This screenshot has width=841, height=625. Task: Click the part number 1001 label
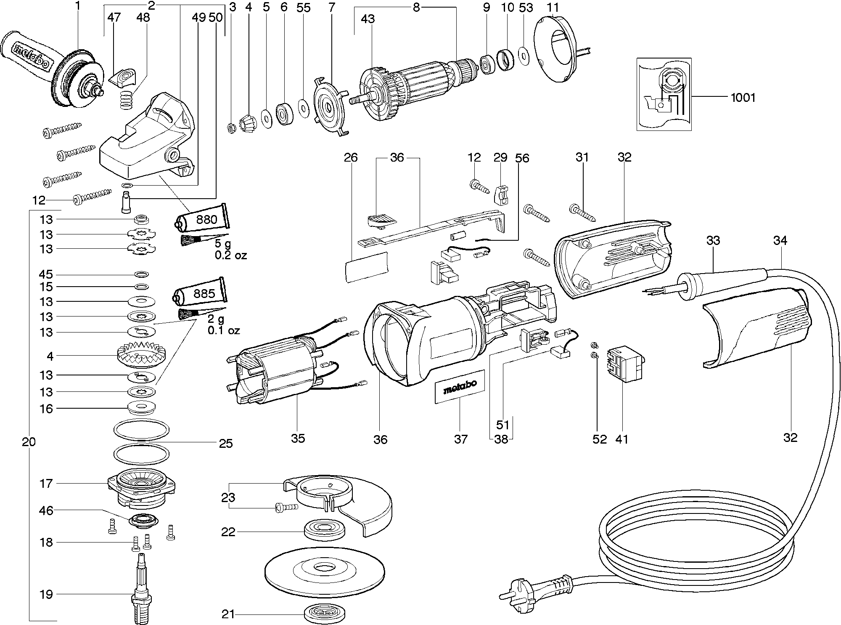tap(743, 98)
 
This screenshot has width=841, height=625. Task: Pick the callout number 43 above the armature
tap(368, 19)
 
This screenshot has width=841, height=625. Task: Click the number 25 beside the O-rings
tap(226, 444)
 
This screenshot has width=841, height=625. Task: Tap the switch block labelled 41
tap(625, 364)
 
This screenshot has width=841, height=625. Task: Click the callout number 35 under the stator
tap(298, 439)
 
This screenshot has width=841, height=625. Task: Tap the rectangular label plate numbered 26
tap(366, 266)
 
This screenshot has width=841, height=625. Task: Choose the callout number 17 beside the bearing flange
tap(46, 484)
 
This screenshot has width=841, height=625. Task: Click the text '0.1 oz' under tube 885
tap(224, 330)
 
